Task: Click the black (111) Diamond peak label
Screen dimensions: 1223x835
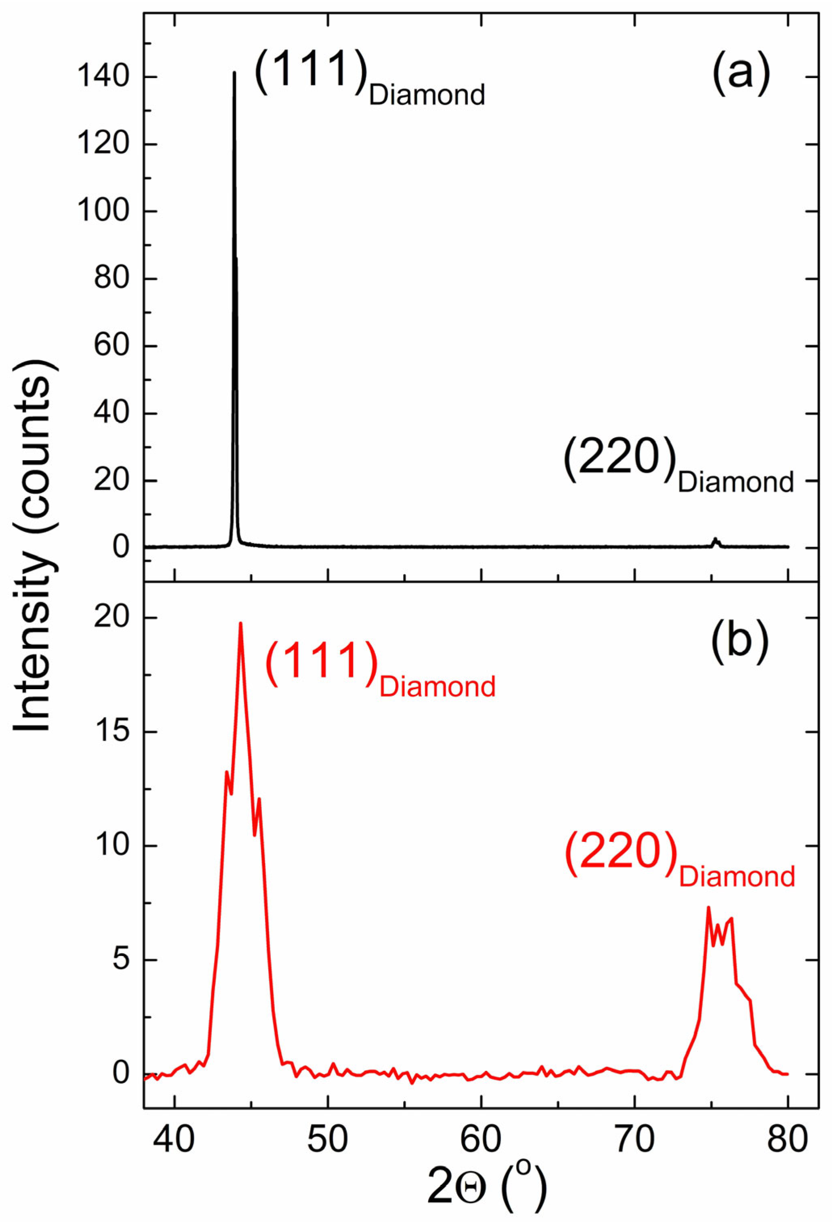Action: [369, 78]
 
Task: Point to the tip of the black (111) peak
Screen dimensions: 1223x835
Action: [234, 73]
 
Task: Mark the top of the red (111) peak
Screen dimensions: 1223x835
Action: [241, 623]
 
